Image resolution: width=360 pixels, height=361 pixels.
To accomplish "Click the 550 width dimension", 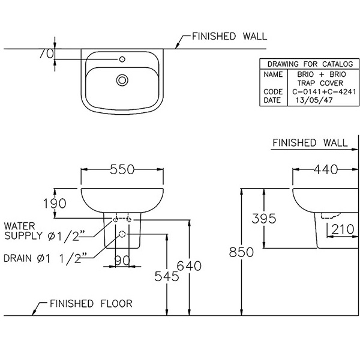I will pyautogui.click(x=122, y=170).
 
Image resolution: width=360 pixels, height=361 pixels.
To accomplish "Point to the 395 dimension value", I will pyautogui.click(x=264, y=218).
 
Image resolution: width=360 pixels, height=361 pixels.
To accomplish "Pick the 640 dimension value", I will pyautogui.click(x=189, y=265).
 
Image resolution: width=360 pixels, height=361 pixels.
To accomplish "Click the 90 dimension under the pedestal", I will pyautogui.click(x=122, y=260).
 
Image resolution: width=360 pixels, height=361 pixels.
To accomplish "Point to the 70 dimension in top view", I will pyautogui.click(x=46, y=53).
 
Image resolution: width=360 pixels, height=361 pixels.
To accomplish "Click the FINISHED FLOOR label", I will pyautogui.click(x=91, y=303).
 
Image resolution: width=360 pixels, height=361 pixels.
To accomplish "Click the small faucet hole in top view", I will pyautogui.click(x=122, y=59).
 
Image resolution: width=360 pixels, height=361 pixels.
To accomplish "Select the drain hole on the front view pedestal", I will pyautogui.click(x=122, y=234).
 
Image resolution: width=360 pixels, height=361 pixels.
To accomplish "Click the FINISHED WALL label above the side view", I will pyautogui.click(x=310, y=143).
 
